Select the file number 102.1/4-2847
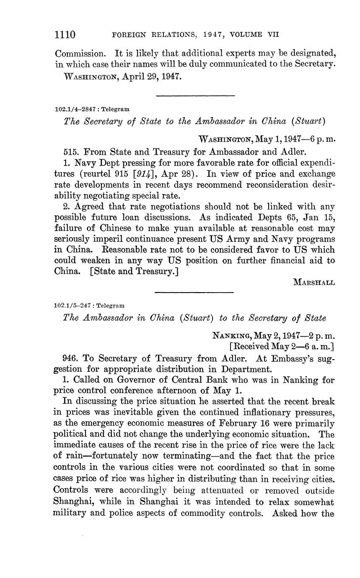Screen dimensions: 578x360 (x=75, y=109)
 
